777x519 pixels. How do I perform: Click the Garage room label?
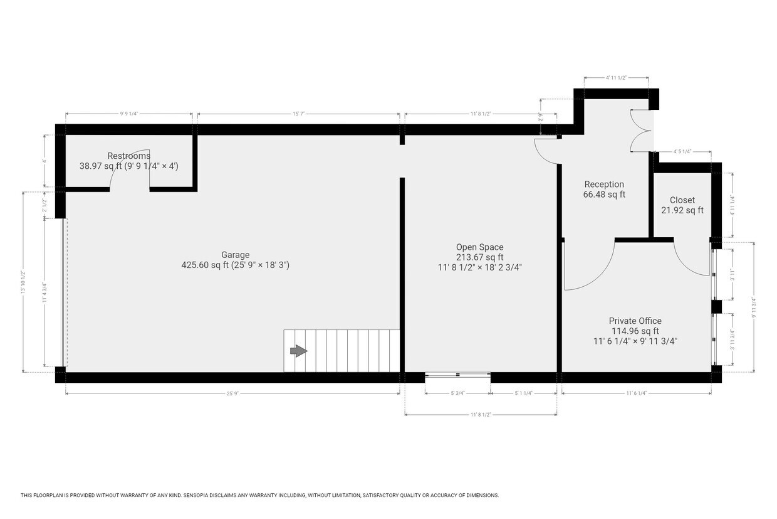pos(235,255)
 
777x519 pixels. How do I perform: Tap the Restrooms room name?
pos(128,156)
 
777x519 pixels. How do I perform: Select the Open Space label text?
pos(479,247)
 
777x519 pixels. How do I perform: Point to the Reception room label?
pos(604,185)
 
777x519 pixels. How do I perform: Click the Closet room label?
pos(682,200)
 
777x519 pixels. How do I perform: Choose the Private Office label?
pos(635,321)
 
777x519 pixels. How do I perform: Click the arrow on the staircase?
pos(298,351)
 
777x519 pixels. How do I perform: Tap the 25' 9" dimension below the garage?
pos(232,393)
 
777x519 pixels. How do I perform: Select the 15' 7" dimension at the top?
pos(298,114)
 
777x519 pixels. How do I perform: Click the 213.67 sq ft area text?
pos(479,257)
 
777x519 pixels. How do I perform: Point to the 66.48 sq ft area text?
pos(604,195)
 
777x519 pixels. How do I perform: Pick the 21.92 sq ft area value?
pos(682,210)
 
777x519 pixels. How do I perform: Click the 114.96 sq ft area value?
pos(635,331)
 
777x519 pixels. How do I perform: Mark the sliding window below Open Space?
pos(457,375)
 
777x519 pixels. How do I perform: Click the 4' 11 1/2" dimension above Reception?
pos(616,78)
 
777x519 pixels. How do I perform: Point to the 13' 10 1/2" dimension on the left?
pos(24,282)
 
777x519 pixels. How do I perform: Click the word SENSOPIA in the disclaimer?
pos(198,495)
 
